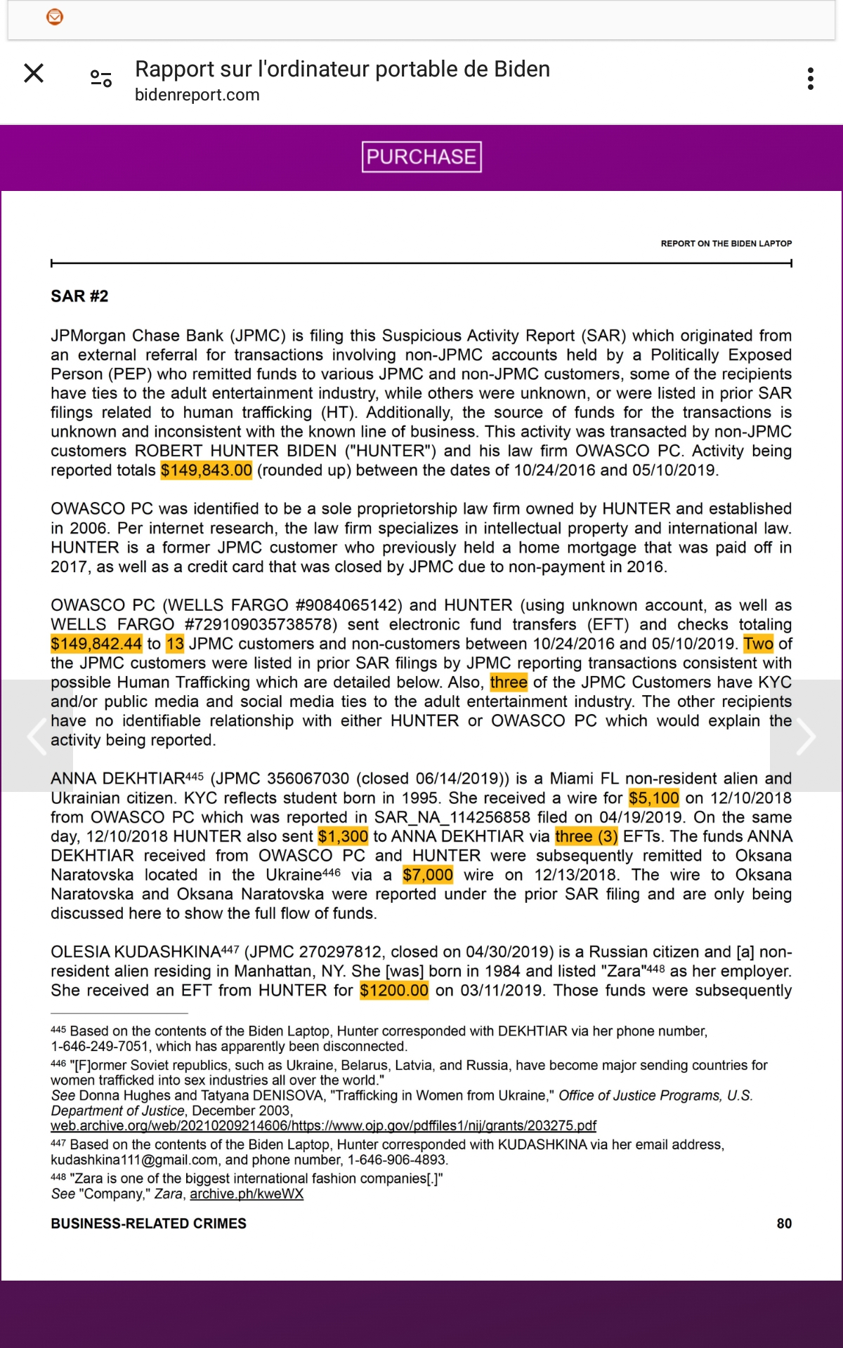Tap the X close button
click(x=34, y=73)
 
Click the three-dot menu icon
click(x=811, y=79)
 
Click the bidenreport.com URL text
click(x=197, y=95)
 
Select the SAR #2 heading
click(x=79, y=296)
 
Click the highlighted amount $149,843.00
click(x=206, y=470)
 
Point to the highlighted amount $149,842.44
click(x=96, y=644)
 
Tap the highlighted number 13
click(x=175, y=644)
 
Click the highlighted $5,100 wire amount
click(x=653, y=798)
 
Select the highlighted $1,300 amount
click(x=343, y=837)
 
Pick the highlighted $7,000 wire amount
click(x=427, y=875)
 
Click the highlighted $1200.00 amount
click(x=393, y=991)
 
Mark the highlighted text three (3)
click(x=586, y=837)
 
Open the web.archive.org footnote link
click(x=323, y=1126)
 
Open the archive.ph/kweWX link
click(x=247, y=1194)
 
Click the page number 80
click(x=784, y=1224)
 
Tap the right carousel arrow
click(x=806, y=736)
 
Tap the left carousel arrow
click(x=37, y=736)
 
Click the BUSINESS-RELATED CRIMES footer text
click(x=148, y=1224)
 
